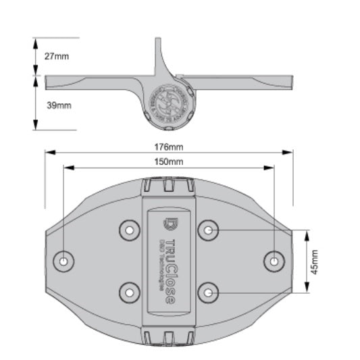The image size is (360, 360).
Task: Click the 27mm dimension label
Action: pyautogui.click(x=57, y=57)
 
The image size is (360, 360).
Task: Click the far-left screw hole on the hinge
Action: pyautogui.click(x=63, y=260)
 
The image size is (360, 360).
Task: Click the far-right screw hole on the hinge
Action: pyautogui.click(x=274, y=260)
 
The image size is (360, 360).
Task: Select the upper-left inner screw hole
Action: pyautogui.click(x=129, y=231)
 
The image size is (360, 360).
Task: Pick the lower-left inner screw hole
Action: pyautogui.click(x=129, y=292)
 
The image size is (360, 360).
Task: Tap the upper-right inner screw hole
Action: pyautogui.click(x=208, y=231)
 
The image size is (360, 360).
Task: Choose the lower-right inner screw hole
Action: pyautogui.click(x=208, y=292)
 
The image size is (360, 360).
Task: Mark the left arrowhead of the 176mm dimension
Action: pyautogui.click(x=47, y=153)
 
